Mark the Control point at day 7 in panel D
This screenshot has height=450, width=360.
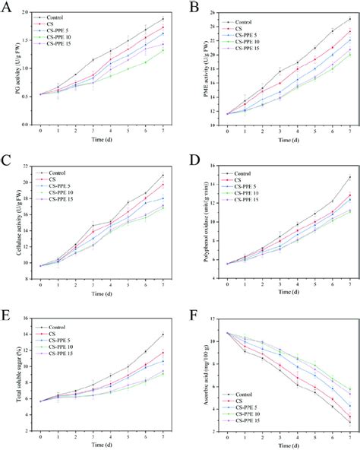(x=350, y=177)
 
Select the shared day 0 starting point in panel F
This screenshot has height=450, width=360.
(x=228, y=333)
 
